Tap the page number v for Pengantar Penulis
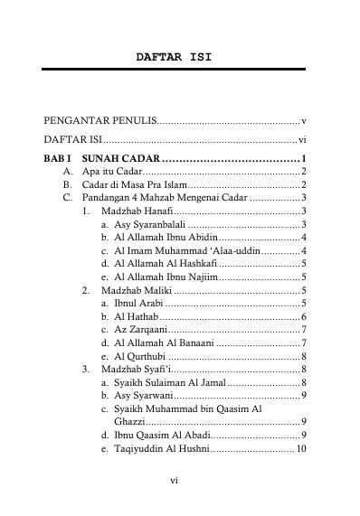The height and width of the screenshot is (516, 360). (304, 120)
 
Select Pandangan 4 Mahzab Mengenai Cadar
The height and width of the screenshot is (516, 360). (151, 197)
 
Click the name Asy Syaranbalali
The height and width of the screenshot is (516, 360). (149, 224)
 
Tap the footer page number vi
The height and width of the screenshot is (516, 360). (175, 481)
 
